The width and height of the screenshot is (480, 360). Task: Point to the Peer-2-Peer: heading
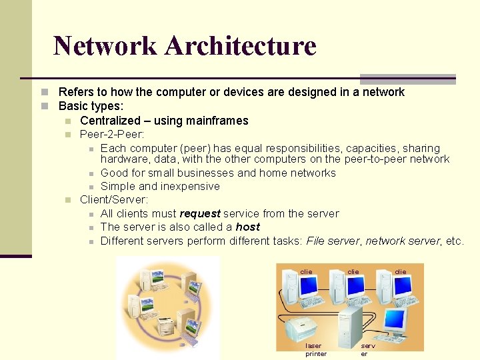coord(111,134)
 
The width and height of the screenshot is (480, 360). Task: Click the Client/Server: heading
coord(114,199)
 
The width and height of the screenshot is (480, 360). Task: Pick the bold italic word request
coord(200,213)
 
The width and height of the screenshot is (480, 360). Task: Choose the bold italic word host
coord(247,227)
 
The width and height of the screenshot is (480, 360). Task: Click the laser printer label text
coord(315,349)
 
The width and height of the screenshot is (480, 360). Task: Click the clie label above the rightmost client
coord(400,271)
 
